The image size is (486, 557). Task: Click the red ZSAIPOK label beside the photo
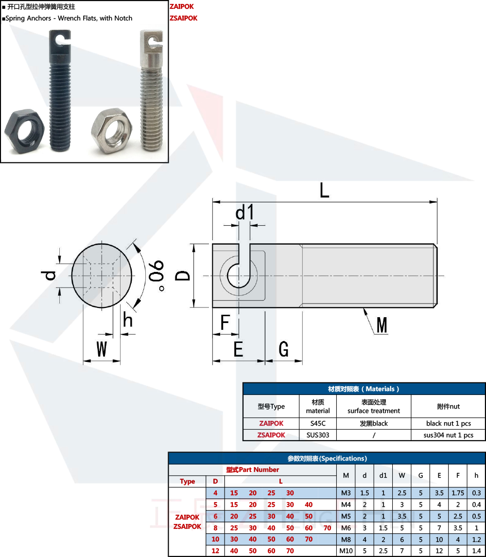tap(183, 18)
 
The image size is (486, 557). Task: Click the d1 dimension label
tap(245, 213)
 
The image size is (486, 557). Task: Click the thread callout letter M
tap(382, 325)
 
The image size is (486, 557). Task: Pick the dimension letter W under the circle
tap(101, 349)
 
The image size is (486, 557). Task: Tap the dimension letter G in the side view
tap(284, 349)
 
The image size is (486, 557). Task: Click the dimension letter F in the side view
tap(225, 323)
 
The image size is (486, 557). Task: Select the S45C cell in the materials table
tap(318, 423)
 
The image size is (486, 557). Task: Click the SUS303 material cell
tap(318, 435)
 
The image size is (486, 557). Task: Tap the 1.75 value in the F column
tap(457, 493)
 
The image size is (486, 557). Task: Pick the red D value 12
tap(215, 551)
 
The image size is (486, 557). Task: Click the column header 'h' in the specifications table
tap(476, 475)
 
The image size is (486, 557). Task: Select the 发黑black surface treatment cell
tap(373, 423)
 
